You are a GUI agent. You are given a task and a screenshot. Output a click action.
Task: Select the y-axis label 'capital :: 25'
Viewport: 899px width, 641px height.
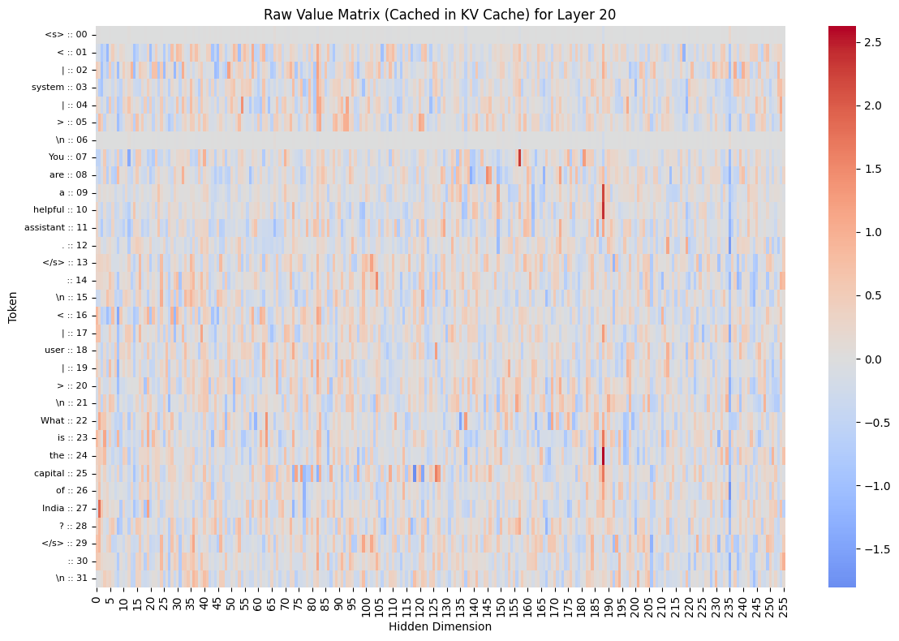(60, 473)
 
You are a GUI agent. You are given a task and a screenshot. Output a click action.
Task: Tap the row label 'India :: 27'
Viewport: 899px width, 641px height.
(64, 509)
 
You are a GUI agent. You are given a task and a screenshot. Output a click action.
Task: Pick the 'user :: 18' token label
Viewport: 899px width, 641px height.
(66, 350)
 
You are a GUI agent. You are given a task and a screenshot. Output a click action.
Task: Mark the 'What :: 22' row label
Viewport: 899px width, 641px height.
(63, 420)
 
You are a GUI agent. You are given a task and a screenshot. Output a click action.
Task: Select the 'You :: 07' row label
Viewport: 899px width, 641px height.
(67, 157)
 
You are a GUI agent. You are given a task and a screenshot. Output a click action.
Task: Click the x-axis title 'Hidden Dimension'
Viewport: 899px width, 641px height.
(440, 626)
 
